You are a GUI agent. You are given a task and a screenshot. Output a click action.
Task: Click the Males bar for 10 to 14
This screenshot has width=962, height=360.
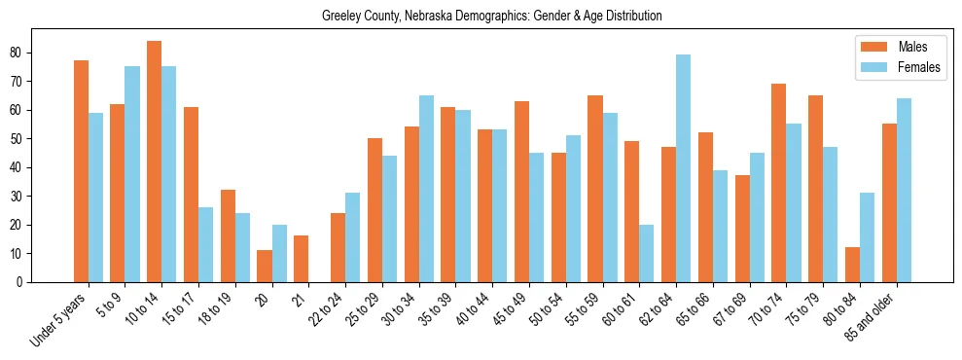(x=154, y=162)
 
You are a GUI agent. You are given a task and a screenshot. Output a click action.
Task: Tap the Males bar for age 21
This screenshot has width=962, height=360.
(x=301, y=259)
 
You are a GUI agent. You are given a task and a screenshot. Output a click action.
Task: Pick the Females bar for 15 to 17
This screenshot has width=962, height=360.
(x=205, y=244)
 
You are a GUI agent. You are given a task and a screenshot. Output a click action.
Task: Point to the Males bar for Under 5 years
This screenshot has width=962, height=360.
(x=81, y=171)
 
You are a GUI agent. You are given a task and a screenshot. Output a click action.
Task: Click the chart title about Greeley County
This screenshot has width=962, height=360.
(x=491, y=16)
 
